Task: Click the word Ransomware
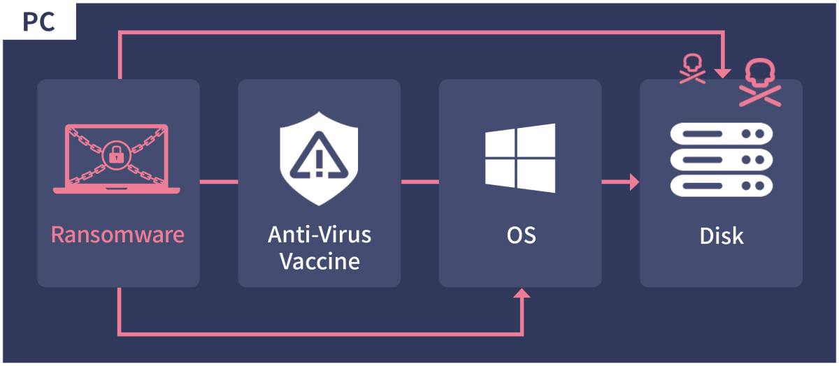117,235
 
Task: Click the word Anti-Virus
320,235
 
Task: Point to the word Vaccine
320,261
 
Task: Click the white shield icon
319,159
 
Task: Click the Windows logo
520,159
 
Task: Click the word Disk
722,235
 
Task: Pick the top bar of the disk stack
722,133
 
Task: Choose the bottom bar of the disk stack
722,186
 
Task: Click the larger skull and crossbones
760,82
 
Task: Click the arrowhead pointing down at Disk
723,72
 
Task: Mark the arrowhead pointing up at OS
522,293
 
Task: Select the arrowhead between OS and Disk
633,183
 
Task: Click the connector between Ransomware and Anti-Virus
219,183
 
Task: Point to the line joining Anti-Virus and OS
419,183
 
